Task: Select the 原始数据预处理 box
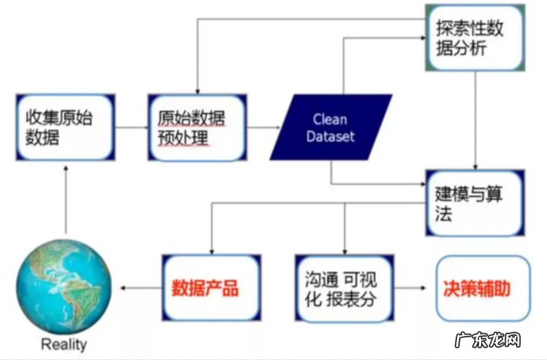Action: pos(196,127)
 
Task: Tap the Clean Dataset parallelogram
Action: pos(331,127)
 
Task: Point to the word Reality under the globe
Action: pos(65,344)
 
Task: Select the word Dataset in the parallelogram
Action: pos(331,136)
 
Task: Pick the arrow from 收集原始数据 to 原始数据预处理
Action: pos(131,127)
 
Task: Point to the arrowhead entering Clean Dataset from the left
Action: pos(278,127)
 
